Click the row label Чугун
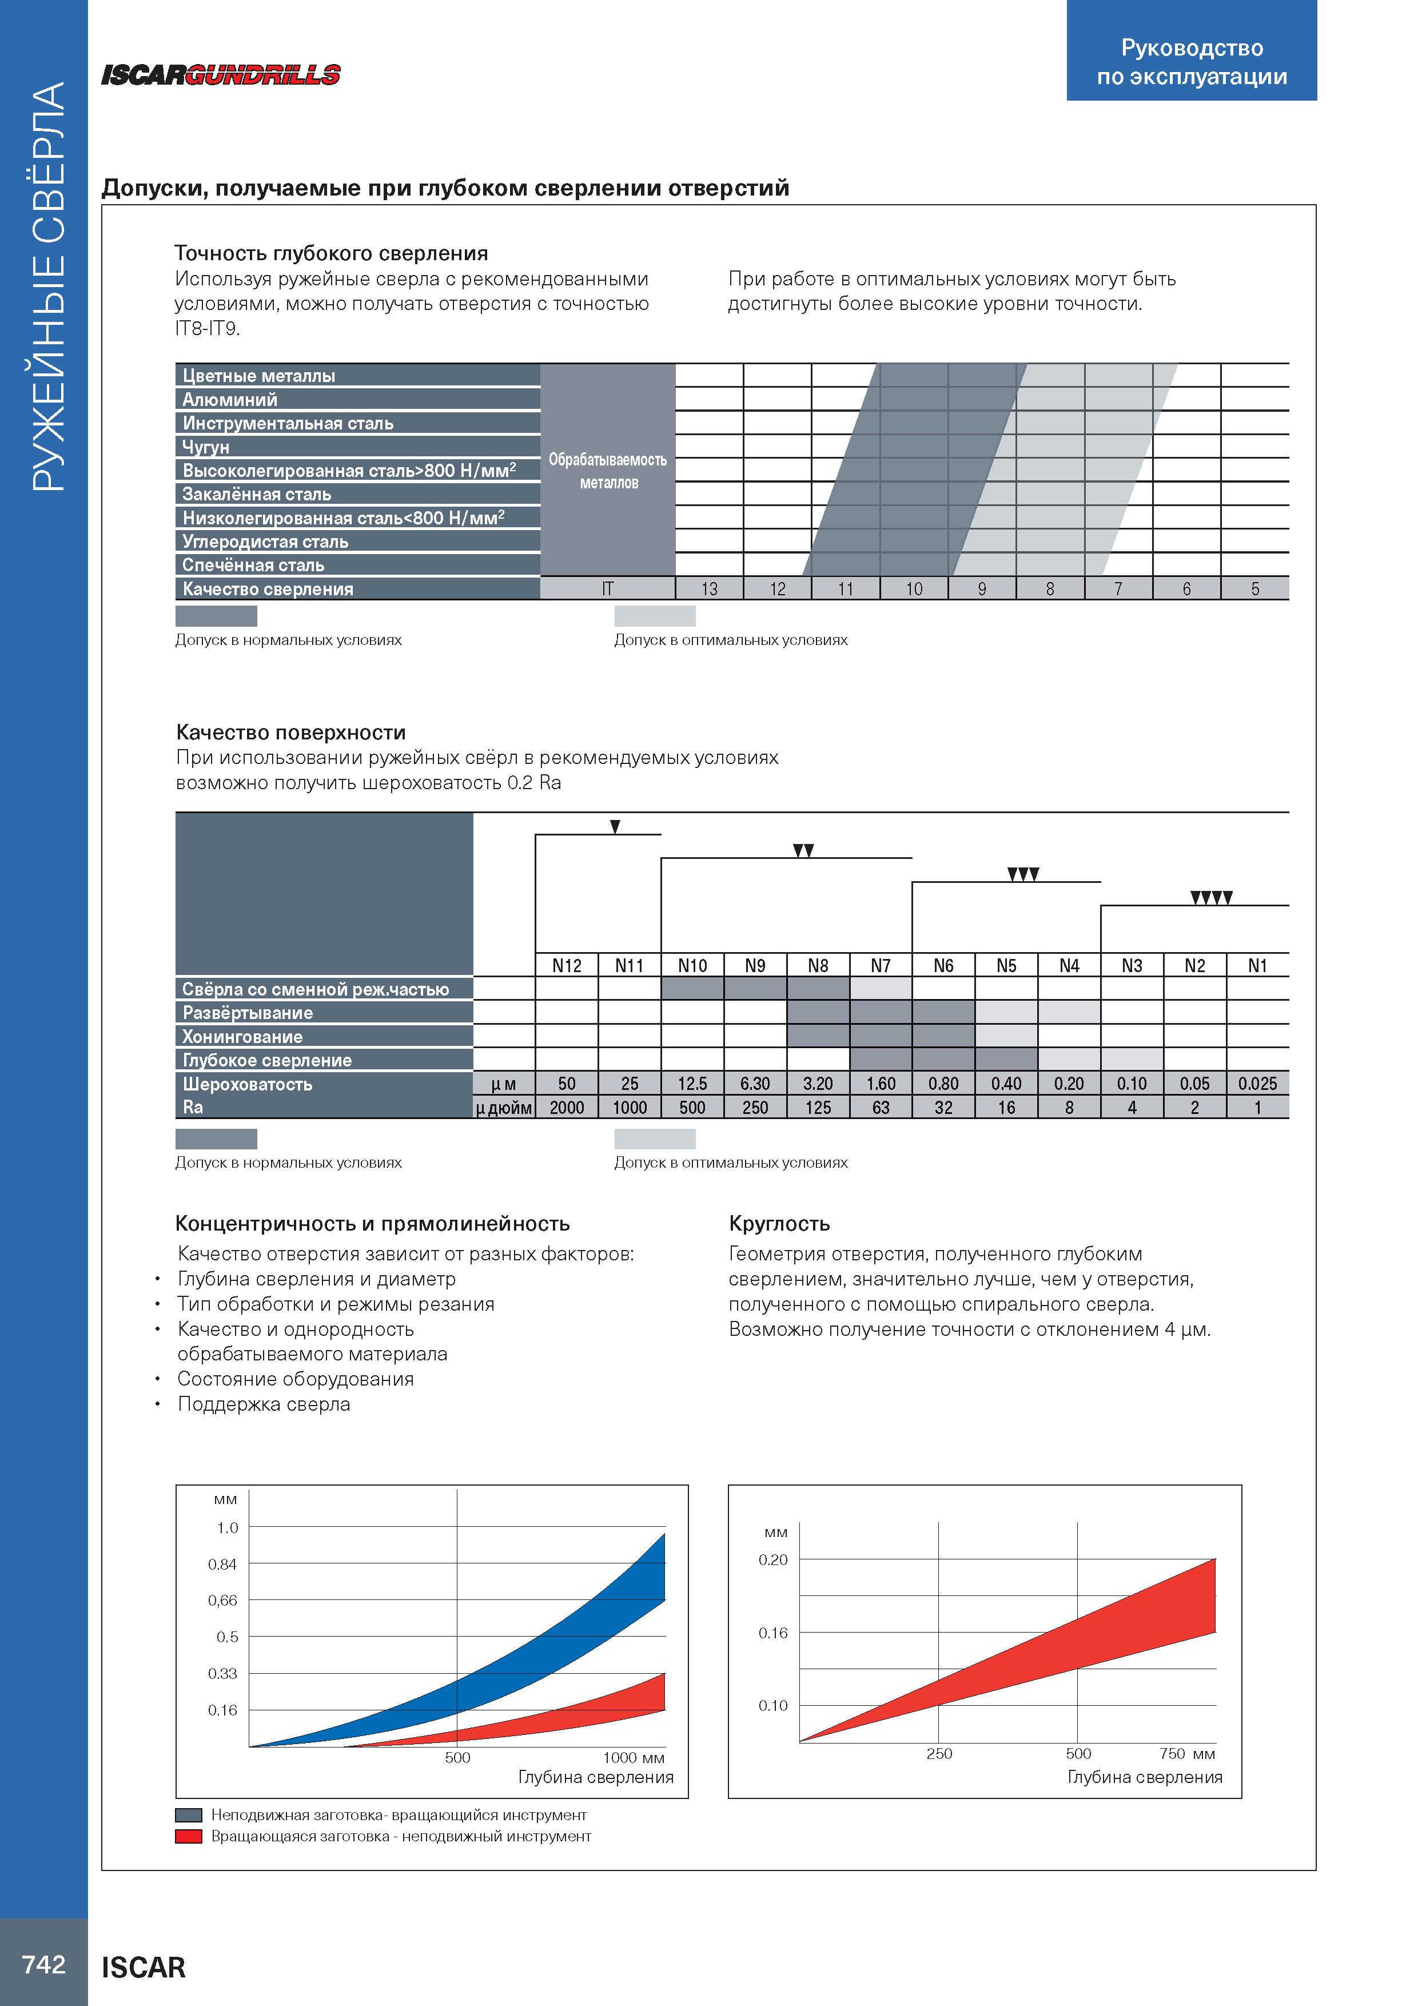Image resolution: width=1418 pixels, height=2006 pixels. click(x=206, y=447)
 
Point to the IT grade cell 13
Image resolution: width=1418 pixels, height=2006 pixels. click(x=710, y=589)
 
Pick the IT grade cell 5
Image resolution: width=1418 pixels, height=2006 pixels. click(x=1254, y=589)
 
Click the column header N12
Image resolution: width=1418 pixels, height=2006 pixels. click(x=567, y=965)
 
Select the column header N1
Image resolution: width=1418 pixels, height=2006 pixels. click(x=1257, y=965)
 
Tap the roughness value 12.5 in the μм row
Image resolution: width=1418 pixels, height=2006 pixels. click(x=692, y=1084)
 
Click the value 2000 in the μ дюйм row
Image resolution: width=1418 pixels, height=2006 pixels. click(x=567, y=1107)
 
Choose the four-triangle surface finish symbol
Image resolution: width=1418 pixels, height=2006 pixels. click(x=1211, y=897)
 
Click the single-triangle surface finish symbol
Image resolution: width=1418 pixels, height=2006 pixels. click(x=615, y=826)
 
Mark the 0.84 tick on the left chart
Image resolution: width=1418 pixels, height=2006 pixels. click(x=223, y=1564)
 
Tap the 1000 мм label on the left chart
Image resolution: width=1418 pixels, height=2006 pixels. click(x=634, y=1758)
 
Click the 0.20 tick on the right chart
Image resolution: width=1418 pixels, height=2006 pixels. click(x=773, y=1559)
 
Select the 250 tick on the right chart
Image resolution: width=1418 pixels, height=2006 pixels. click(x=939, y=1753)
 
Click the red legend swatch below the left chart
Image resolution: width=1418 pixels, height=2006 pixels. click(x=189, y=1836)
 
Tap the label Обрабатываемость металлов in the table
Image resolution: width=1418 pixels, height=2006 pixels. click(x=608, y=471)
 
